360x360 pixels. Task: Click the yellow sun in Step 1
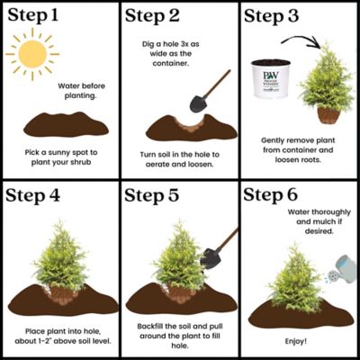click(33, 56)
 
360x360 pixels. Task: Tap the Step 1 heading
click(39, 15)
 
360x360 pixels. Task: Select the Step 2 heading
click(158, 15)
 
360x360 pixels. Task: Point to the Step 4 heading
click(39, 195)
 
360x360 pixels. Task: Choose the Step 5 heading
click(158, 195)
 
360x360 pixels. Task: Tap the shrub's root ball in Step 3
click(328, 114)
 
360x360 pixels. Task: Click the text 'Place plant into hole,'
click(59, 332)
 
